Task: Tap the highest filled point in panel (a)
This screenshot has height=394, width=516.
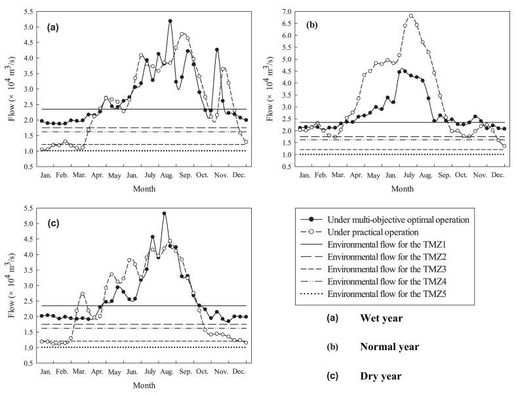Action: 170,21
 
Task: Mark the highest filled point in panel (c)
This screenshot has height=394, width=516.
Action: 164,214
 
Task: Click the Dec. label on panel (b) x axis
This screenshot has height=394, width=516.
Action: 498,176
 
